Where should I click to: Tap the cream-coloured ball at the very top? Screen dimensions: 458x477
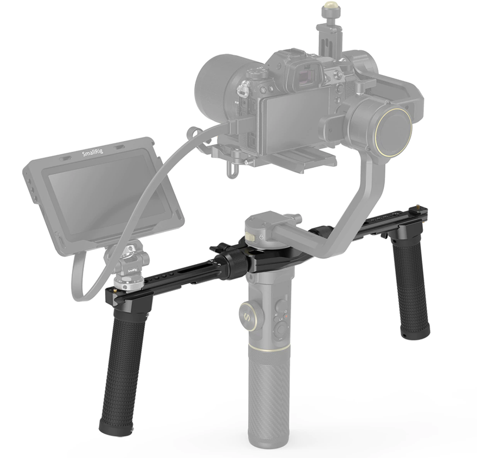(x=329, y=6)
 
